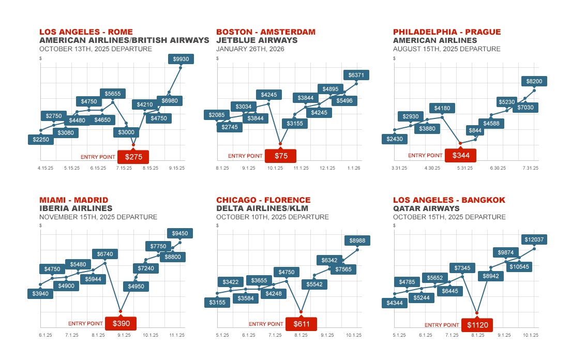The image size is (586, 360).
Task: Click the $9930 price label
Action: click(x=181, y=59)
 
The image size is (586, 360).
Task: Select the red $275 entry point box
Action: click(x=133, y=157)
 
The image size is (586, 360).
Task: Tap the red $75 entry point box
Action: click(x=280, y=156)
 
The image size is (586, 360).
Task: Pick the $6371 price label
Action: click(x=356, y=75)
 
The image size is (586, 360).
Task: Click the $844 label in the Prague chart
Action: click(x=475, y=130)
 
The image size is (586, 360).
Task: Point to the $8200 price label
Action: click(x=534, y=81)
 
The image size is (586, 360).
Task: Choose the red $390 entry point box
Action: click(x=121, y=324)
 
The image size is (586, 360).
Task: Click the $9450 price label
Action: click(x=180, y=233)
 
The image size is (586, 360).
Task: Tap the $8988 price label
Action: click(x=357, y=241)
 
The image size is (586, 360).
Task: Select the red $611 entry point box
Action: click(x=301, y=324)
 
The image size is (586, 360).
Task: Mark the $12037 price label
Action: click(x=534, y=239)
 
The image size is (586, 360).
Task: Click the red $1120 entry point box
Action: click(x=477, y=325)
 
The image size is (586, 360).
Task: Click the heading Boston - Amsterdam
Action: click(x=265, y=32)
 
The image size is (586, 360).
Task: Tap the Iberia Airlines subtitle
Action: click(x=76, y=208)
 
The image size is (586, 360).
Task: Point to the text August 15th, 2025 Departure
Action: click(x=446, y=49)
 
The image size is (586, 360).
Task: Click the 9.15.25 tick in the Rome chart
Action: click(x=177, y=168)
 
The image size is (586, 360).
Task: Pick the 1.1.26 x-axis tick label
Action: click(x=354, y=168)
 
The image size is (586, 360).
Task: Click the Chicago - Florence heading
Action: click(x=263, y=200)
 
